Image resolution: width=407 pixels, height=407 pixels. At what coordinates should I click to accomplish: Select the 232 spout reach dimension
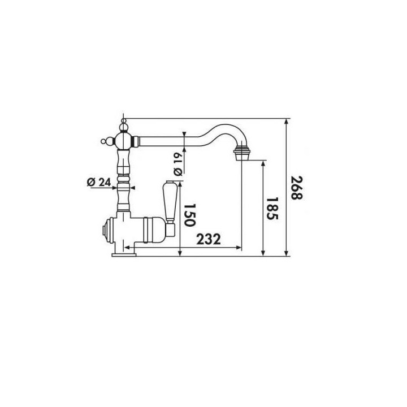pyautogui.click(x=209, y=239)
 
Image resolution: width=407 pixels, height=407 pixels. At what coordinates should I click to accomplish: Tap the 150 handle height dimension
pyautogui.click(x=190, y=216)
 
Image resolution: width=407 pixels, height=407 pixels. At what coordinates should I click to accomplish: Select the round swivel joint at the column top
pyautogui.click(x=123, y=138)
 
